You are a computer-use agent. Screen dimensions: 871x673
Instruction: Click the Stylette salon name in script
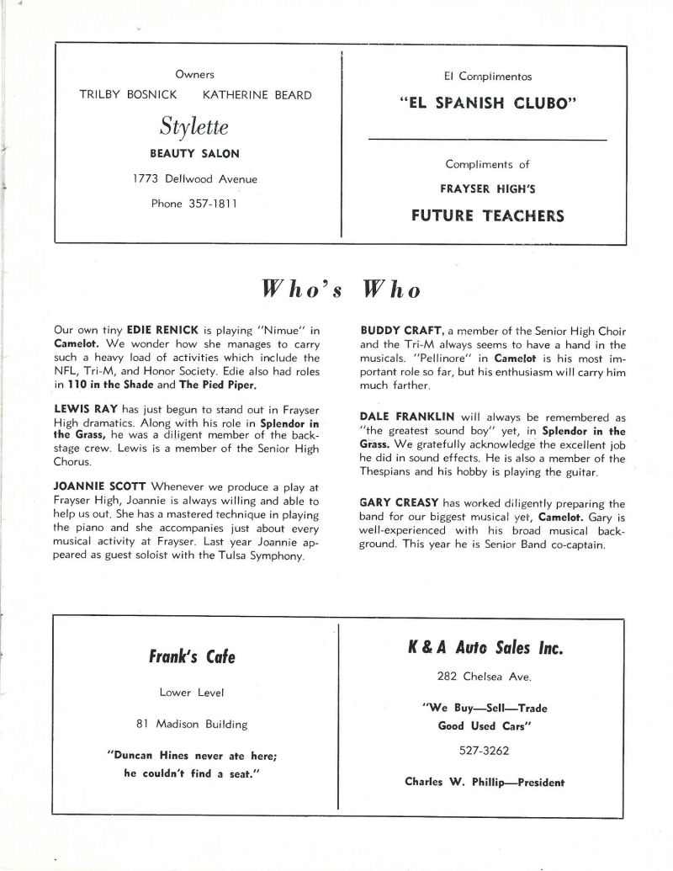(194, 126)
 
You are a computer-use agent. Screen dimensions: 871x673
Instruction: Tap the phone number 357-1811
(194, 203)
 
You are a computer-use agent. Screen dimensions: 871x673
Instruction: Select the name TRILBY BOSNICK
(128, 94)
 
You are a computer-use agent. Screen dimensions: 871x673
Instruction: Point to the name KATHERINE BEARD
(257, 94)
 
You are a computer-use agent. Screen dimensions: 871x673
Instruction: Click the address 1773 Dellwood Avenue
(194, 178)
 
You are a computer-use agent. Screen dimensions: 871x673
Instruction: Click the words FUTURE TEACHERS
(487, 215)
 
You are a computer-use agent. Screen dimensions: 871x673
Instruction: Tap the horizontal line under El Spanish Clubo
(487, 139)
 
